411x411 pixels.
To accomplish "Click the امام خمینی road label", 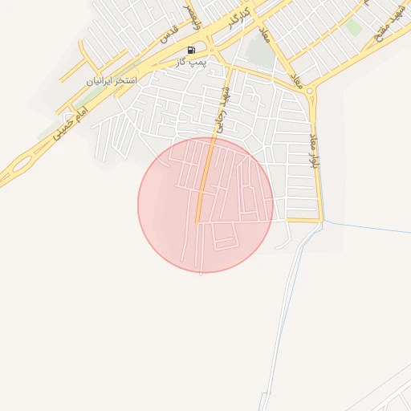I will coord(71,127).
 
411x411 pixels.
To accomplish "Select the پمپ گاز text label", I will coord(193,61).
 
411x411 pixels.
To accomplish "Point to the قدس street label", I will coord(168,34).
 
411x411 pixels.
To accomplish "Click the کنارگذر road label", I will coord(240,18).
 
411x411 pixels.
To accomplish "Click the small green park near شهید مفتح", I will coord(353,28).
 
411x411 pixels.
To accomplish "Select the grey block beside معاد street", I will coord(258,53).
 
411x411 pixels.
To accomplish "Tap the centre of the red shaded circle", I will coord(205,205).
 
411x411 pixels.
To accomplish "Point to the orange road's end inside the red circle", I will coord(197,222).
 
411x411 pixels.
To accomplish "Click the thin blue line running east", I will coord(369,226).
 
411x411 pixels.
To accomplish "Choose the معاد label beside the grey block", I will coord(263,34).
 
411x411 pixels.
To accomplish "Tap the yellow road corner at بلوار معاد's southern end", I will coord(322,219).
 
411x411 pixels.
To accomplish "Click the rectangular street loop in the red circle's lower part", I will coord(225,238).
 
